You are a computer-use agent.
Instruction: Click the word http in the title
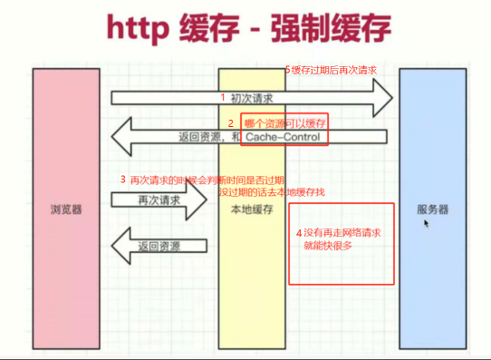coord(138,29)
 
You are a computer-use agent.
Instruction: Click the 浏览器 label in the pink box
coord(66,209)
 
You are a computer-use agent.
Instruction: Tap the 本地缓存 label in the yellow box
coord(252,209)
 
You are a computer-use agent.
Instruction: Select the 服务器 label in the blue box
coord(432,209)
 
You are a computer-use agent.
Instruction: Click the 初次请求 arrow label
coord(252,98)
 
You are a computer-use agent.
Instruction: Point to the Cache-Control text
coord(283,137)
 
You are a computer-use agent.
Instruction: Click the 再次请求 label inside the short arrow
coord(159,199)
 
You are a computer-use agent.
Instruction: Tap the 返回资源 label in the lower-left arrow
coord(159,247)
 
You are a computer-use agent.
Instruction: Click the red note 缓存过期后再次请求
coord(333,70)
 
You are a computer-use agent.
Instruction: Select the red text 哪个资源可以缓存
coord(285,123)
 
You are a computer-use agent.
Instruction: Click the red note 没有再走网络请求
coord(342,232)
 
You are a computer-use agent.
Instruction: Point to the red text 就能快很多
coord(328,246)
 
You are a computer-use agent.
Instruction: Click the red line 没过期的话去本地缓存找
coord(272,191)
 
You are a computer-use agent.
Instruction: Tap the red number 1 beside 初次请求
coord(223,97)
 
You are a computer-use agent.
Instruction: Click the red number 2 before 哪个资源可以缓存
coord(231,123)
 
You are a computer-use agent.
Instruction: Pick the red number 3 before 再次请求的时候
coord(123,180)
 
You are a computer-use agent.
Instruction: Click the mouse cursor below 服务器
coord(426,223)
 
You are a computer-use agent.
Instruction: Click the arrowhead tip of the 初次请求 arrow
coord(392,98)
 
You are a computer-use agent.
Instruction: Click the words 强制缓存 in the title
coord(331,28)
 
